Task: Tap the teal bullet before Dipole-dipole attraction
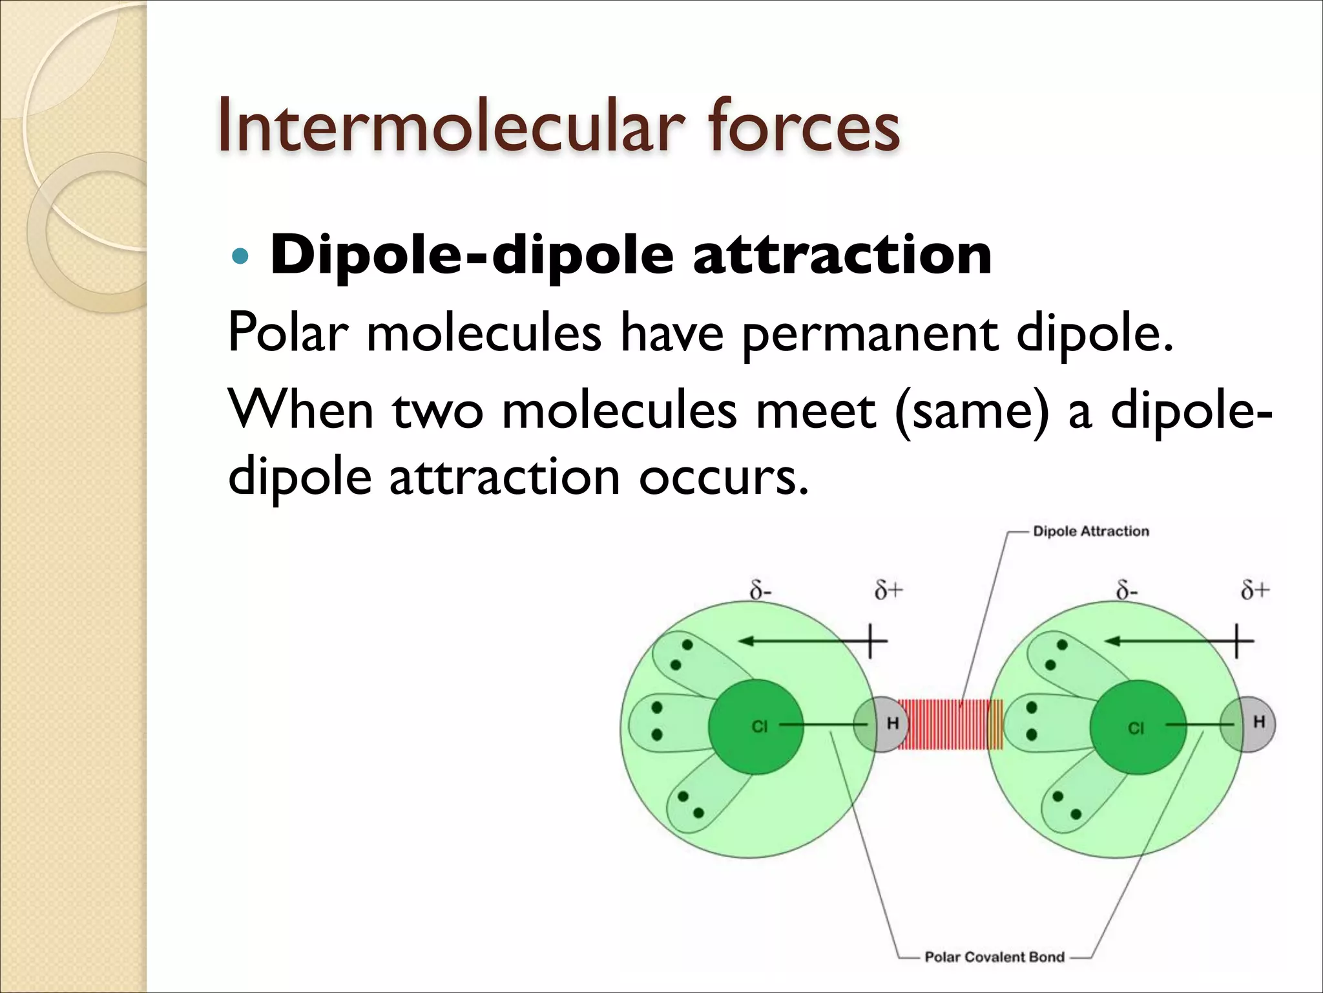coord(239,257)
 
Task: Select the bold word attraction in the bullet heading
coord(842,255)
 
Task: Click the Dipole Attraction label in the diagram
coord(1090,531)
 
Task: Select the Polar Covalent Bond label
coord(994,957)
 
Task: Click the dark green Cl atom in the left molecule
coord(756,727)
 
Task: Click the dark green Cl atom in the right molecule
coord(1137,727)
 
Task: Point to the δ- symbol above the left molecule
coord(760,591)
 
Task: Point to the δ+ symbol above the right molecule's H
coord(1255,590)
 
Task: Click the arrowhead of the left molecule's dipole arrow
coord(746,641)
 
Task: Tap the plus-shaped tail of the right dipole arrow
coord(1236,641)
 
